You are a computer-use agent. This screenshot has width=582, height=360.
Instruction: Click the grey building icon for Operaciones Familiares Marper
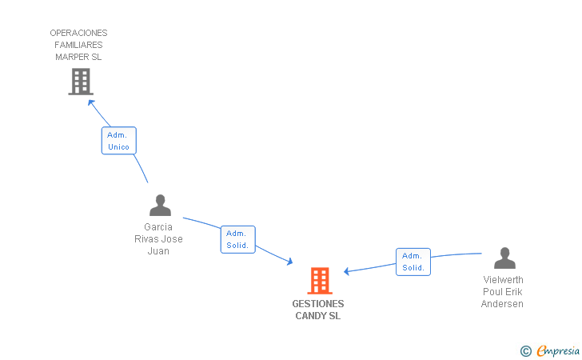pyautogui.click(x=80, y=82)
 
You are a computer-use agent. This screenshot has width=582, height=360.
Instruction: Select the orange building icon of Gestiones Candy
pyautogui.click(x=320, y=281)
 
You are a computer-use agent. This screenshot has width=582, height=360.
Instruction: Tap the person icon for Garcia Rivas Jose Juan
pyautogui.click(x=160, y=206)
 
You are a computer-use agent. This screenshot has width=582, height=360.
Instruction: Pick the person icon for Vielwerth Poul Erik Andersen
pyautogui.click(x=504, y=258)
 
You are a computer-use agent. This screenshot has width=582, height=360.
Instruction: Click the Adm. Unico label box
pyautogui.click(x=118, y=141)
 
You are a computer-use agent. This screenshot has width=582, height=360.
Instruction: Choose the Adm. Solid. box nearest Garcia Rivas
pyautogui.click(x=237, y=239)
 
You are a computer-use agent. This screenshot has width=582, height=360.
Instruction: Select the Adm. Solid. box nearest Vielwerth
pyautogui.click(x=413, y=262)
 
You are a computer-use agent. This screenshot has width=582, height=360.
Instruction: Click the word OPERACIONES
pyautogui.click(x=78, y=33)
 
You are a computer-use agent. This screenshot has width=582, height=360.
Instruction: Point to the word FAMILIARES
pyautogui.click(x=78, y=45)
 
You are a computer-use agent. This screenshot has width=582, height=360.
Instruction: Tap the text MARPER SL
pyautogui.click(x=78, y=57)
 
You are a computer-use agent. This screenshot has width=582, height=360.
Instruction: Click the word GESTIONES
pyautogui.click(x=318, y=304)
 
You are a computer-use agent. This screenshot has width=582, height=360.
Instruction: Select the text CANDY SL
pyautogui.click(x=318, y=316)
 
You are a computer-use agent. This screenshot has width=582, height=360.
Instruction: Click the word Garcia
pyautogui.click(x=158, y=227)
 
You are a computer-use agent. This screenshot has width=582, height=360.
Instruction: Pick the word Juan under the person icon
pyautogui.click(x=158, y=251)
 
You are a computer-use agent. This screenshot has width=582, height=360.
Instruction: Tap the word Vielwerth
pyautogui.click(x=503, y=280)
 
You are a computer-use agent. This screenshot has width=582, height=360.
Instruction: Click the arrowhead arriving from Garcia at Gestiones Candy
pyautogui.click(x=290, y=262)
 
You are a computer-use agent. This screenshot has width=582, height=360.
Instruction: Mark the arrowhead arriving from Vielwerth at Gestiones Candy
pyautogui.click(x=347, y=271)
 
